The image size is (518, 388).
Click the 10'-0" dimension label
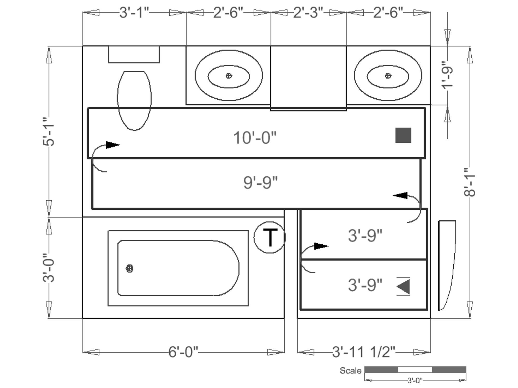pyautogui.click(x=255, y=138)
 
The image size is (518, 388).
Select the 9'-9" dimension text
pyautogui.click(x=260, y=182)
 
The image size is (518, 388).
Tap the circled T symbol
pyautogui.click(x=270, y=237)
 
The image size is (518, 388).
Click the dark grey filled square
pyautogui.click(x=403, y=135)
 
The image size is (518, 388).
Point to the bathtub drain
pyautogui.click(x=129, y=269)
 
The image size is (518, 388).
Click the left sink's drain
pyautogui.click(x=229, y=76)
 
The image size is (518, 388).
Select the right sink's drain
pyautogui.click(x=388, y=76)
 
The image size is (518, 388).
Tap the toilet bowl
pyautogui.click(x=134, y=101)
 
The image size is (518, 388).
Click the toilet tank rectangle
pyautogui.click(x=134, y=54)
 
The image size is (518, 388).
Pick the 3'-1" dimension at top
pyautogui.click(x=134, y=12)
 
